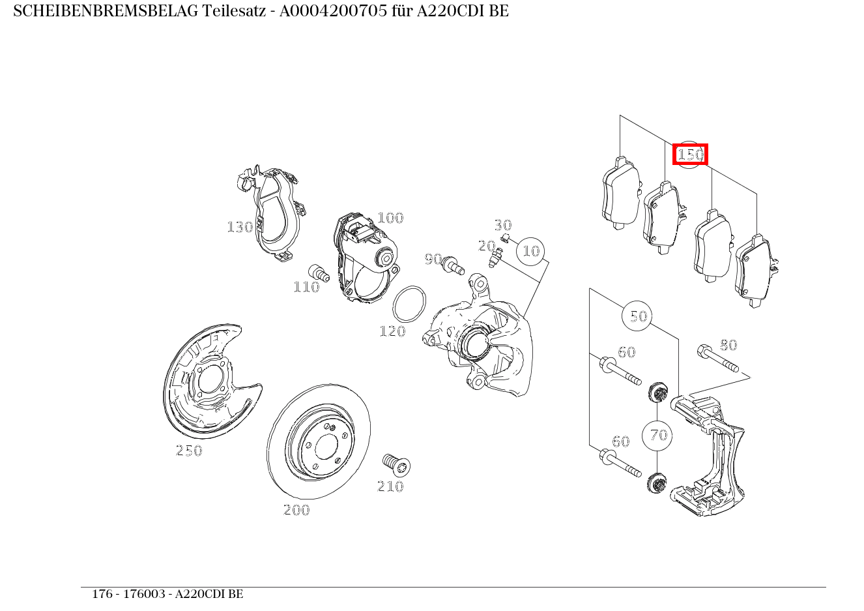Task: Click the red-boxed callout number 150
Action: pyautogui.click(x=690, y=155)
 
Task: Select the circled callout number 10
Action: pyautogui.click(x=532, y=251)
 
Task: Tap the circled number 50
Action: pyautogui.click(x=639, y=316)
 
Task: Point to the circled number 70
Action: pyautogui.click(x=659, y=435)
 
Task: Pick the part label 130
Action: pyautogui.click(x=240, y=227)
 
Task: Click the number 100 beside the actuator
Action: pyautogui.click(x=390, y=218)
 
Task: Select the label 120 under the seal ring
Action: pyautogui.click(x=392, y=332)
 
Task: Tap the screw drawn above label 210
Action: pyautogui.click(x=396, y=464)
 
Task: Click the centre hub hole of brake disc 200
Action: pyautogui.click(x=324, y=447)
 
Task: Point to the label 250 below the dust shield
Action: pyautogui.click(x=189, y=451)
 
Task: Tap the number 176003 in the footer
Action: pyautogui.click(x=144, y=594)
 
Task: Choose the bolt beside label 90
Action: pyautogui.click(x=452, y=265)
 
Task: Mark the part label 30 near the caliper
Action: pyautogui.click(x=502, y=225)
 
